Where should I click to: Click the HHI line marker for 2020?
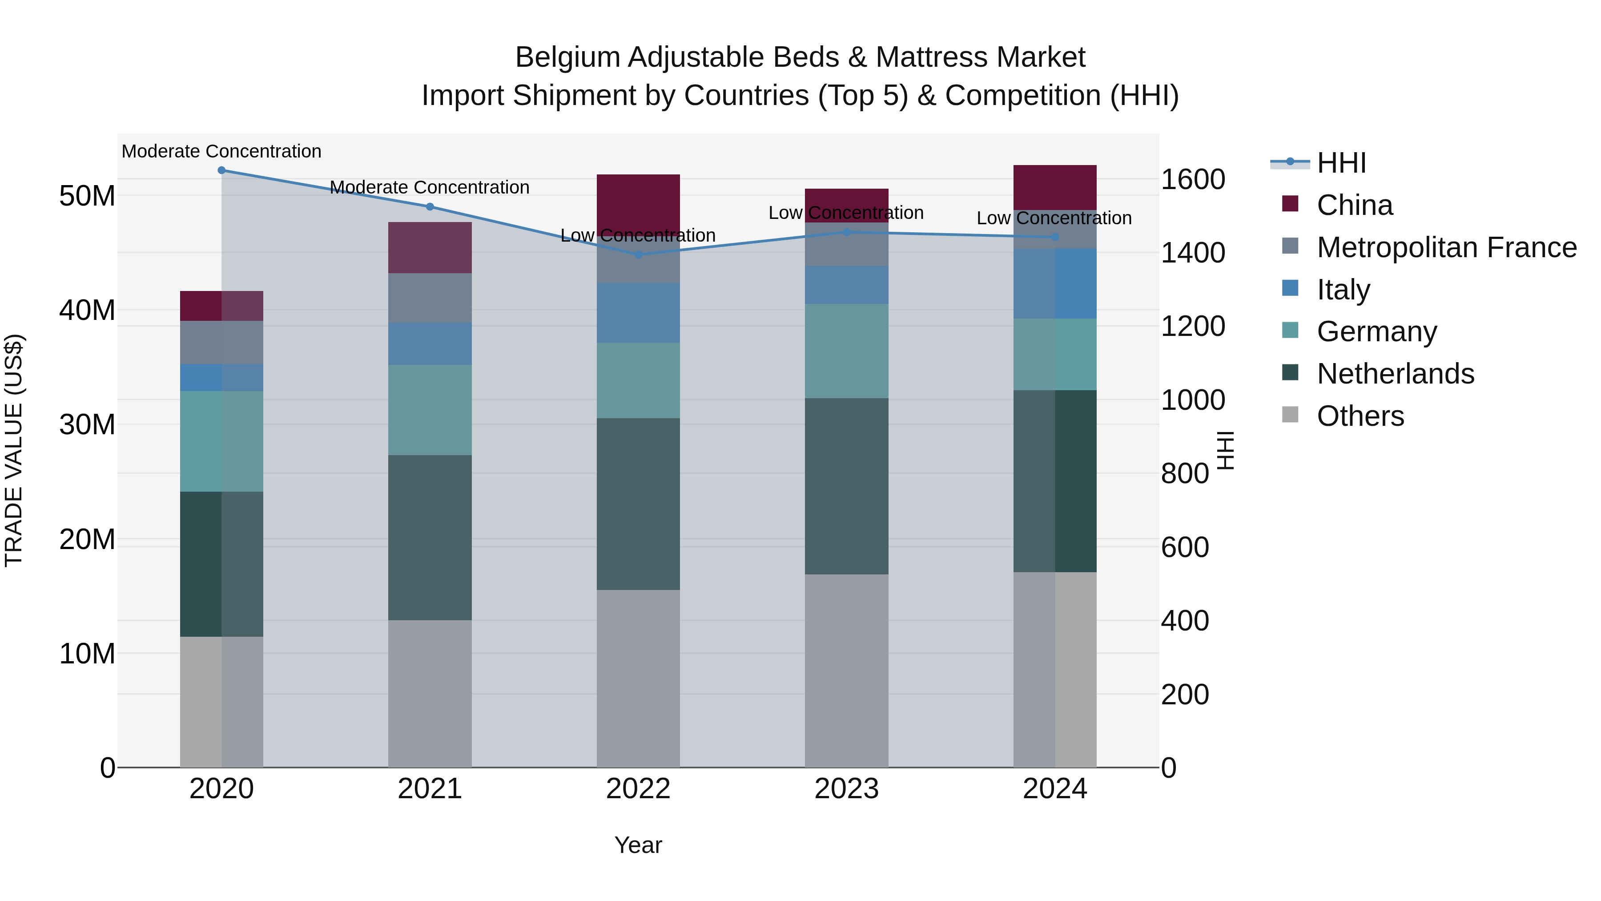tap(222, 170)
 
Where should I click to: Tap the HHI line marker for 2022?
tap(638, 255)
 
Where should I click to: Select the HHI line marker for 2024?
tap(1055, 237)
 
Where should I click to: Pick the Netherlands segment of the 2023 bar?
tap(846, 486)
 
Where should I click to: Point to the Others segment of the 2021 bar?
tap(430, 693)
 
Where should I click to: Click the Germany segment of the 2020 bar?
tap(222, 441)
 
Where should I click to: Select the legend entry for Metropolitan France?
tap(1446, 247)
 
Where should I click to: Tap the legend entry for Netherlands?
tap(1395, 374)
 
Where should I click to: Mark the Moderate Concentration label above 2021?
tap(430, 187)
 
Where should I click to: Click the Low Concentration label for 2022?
tap(638, 236)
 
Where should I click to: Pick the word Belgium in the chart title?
tap(567, 57)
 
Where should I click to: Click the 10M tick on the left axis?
tap(87, 654)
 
